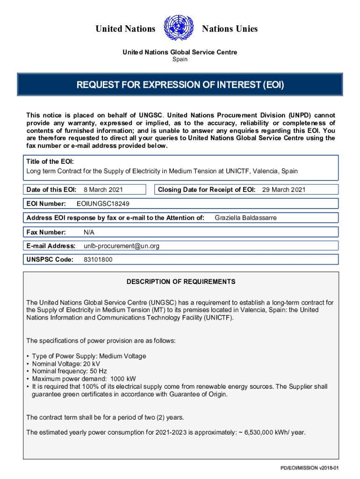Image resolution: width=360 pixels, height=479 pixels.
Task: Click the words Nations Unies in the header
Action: (230, 29)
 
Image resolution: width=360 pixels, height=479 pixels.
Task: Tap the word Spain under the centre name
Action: (180, 59)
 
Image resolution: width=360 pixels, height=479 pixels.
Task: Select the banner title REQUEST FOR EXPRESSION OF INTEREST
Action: (180, 85)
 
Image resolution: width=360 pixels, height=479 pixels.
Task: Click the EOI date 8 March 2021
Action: (106, 189)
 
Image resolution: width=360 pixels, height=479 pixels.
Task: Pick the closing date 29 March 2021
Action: (284, 189)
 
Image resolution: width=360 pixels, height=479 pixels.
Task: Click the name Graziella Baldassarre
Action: (245, 218)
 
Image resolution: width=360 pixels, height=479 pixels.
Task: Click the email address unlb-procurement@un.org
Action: (122, 246)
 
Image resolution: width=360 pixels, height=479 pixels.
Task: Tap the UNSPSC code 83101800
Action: (98, 260)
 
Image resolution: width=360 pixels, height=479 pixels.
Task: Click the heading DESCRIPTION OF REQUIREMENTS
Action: (181, 282)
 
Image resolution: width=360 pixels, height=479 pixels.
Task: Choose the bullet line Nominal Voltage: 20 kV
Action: (66, 363)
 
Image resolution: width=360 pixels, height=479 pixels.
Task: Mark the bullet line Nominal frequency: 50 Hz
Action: (70, 371)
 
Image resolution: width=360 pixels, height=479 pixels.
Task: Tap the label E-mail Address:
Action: (51, 246)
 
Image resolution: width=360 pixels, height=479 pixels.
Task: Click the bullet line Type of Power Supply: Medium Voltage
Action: (89, 356)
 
